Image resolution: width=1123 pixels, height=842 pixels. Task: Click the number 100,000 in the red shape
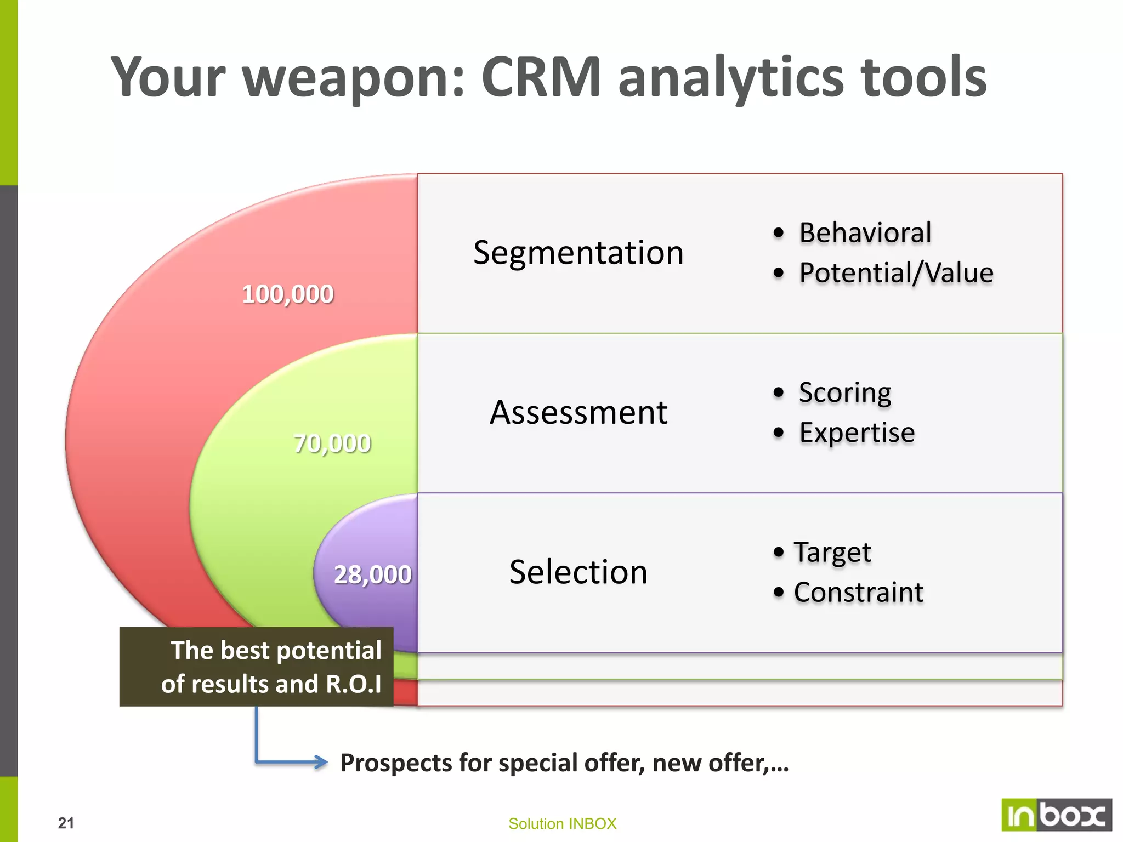pos(287,294)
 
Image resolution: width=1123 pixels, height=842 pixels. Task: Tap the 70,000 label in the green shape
pos(332,443)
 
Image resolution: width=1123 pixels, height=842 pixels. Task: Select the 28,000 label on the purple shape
pos(372,574)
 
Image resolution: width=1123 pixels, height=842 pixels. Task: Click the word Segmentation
pos(578,253)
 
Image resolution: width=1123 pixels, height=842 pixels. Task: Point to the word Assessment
pos(578,412)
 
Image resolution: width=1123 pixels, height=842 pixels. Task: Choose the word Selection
pos(578,572)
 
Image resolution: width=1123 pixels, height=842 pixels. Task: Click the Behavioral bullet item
pos(865,232)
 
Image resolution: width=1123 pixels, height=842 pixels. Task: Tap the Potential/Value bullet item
pos(895,273)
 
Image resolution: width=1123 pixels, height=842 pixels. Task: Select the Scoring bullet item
pos(844,392)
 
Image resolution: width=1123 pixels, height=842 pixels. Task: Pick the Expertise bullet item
pos(857,433)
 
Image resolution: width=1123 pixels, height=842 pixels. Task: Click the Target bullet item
pos(832,552)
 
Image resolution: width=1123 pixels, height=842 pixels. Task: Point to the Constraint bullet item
pos(858,593)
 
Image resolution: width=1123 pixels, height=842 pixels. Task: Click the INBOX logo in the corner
pos(1056,815)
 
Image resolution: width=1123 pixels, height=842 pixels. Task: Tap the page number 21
pos(66,823)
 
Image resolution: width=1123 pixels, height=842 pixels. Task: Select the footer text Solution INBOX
pos(562,823)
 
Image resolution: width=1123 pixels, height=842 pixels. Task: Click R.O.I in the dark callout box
pos(353,684)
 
